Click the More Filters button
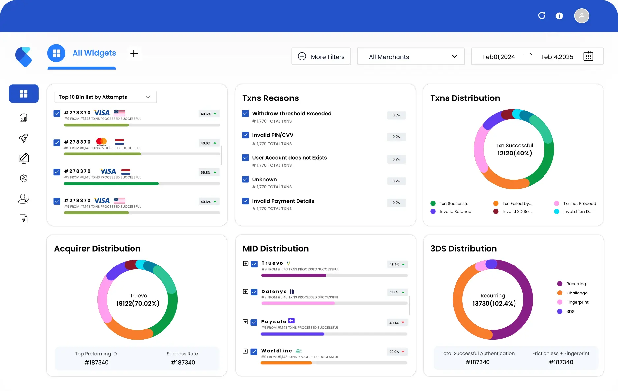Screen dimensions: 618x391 click(x=321, y=56)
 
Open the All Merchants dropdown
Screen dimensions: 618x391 click(x=411, y=56)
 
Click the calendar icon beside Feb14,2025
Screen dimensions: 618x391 click(x=588, y=56)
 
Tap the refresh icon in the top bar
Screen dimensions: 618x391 click(x=542, y=15)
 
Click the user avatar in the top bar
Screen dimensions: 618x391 click(x=582, y=16)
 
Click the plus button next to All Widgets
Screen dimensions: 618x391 click(x=134, y=53)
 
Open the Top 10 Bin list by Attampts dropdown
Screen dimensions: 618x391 click(x=105, y=97)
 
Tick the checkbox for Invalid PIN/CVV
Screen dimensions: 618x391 click(x=245, y=135)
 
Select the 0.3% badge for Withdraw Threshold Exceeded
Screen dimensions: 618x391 click(x=396, y=115)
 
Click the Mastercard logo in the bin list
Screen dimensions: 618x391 click(x=102, y=142)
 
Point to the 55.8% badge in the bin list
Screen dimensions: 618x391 click(x=209, y=172)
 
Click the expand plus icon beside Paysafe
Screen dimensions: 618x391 click(x=245, y=322)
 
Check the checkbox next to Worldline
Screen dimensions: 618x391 click(x=254, y=351)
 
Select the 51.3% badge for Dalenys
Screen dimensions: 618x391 click(x=397, y=292)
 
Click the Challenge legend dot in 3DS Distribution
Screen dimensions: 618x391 click(x=560, y=293)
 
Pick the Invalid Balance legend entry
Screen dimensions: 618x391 click(x=451, y=211)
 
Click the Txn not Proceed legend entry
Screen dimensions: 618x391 click(x=575, y=203)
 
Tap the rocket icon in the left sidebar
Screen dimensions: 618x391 click(x=23, y=138)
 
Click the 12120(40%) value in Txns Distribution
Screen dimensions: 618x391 click(x=515, y=153)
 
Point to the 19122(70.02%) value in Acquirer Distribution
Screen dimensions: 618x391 click(x=138, y=303)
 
